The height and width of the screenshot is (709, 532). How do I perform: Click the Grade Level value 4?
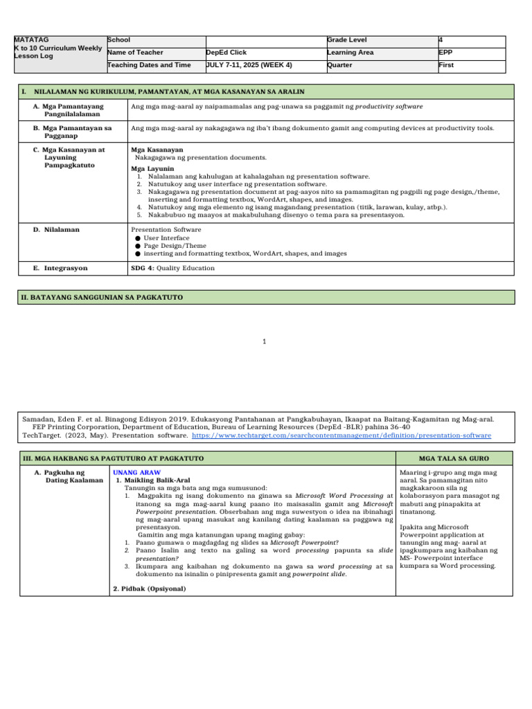pyautogui.click(x=442, y=40)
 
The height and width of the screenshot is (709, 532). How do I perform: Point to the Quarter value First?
pyautogui.click(x=447, y=65)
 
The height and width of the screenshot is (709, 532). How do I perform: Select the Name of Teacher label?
pyautogui.click(x=136, y=53)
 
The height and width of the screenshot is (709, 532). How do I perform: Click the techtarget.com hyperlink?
pyautogui.click(x=342, y=436)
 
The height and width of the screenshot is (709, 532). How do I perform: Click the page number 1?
pyautogui.click(x=265, y=341)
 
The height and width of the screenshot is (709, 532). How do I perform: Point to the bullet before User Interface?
pyautogui.click(x=138, y=238)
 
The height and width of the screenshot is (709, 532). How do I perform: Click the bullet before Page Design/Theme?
pyautogui.click(x=138, y=246)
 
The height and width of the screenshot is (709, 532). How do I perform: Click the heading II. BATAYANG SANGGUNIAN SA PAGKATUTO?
pyautogui.click(x=102, y=297)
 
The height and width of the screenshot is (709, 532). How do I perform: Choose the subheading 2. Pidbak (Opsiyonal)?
pyautogui.click(x=150, y=588)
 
